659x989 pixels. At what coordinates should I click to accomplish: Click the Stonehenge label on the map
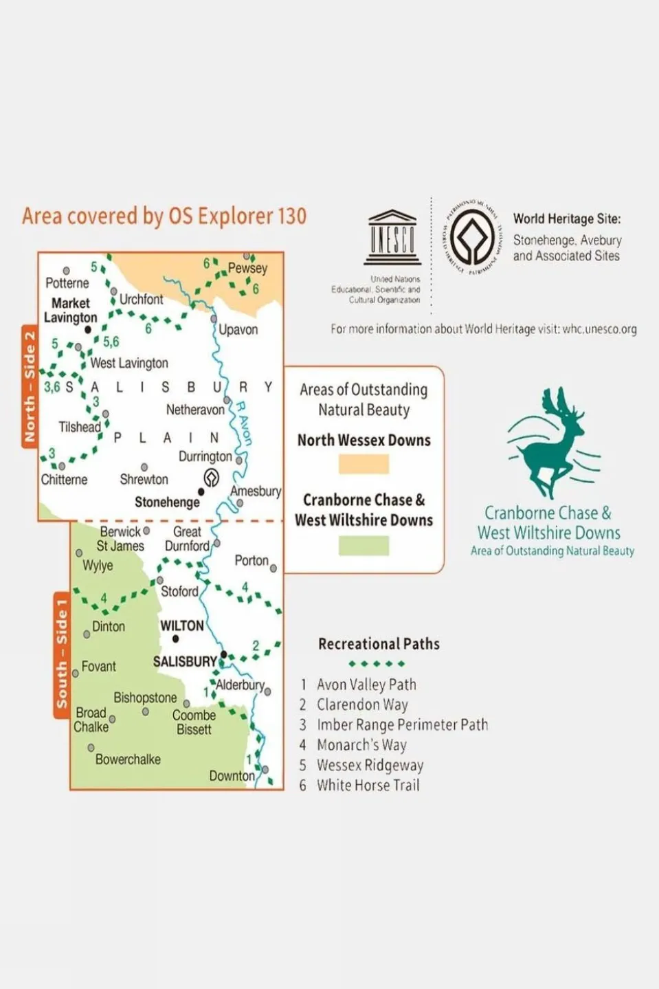[167, 502]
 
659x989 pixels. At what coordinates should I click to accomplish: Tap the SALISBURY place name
[185, 661]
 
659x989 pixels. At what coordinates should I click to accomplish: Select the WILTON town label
[182, 625]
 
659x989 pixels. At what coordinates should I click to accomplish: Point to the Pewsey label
[247, 268]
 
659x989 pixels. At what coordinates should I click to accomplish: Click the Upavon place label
[238, 330]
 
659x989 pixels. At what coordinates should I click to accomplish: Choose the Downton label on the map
[232, 776]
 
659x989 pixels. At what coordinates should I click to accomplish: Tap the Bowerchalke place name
[128, 759]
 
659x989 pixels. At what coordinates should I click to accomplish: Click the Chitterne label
[64, 480]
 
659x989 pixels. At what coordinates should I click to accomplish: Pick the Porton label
[252, 561]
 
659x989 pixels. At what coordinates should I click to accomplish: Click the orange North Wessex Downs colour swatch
[364, 464]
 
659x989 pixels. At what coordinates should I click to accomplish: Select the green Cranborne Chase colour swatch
[364, 546]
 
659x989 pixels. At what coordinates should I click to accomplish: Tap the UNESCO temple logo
[393, 238]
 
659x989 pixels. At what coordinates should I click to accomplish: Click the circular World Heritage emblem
[472, 237]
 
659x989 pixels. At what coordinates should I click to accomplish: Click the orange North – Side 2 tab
[30, 386]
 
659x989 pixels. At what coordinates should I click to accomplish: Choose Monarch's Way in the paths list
[361, 745]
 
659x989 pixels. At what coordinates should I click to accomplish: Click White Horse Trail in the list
[368, 786]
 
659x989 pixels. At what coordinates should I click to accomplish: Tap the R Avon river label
[244, 422]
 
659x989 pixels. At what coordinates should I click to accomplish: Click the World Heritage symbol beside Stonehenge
[212, 477]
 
